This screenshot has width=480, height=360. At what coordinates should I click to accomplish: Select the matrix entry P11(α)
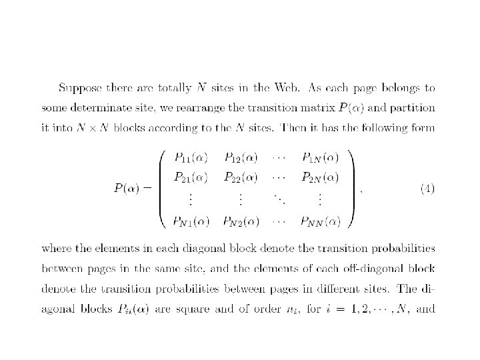[191, 158]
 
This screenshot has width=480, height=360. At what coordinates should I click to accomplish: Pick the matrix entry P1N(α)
[320, 158]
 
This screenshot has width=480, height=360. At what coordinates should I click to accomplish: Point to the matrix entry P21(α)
[191, 177]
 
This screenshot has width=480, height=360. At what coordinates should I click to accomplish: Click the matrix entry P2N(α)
[320, 177]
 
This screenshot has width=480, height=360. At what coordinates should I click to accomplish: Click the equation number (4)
[427, 189]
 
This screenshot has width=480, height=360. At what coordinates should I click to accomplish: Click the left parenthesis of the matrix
[163, 189]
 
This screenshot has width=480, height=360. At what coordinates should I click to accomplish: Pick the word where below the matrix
[56, 249]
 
